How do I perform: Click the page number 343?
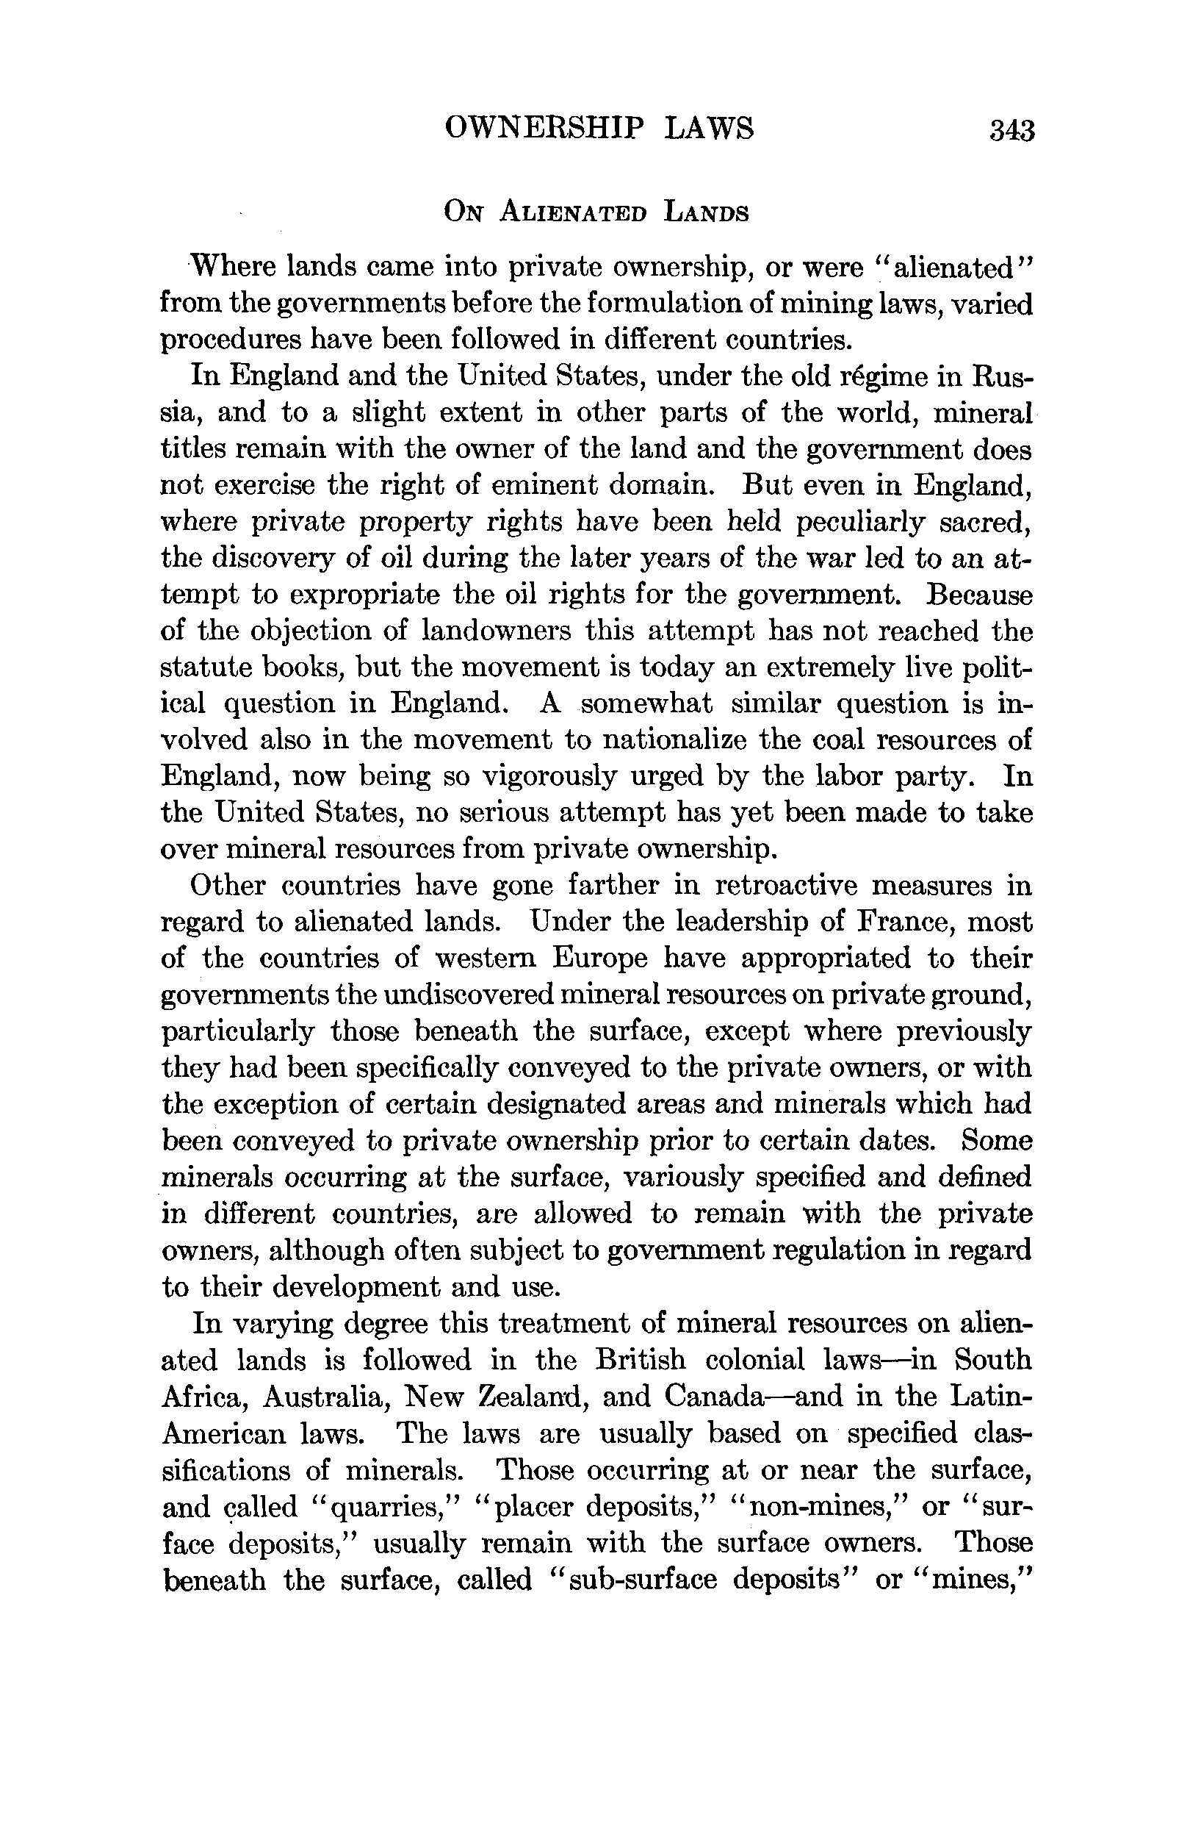click(x=1011, y=129)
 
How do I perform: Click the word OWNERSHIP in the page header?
click(x=544, y=127)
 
